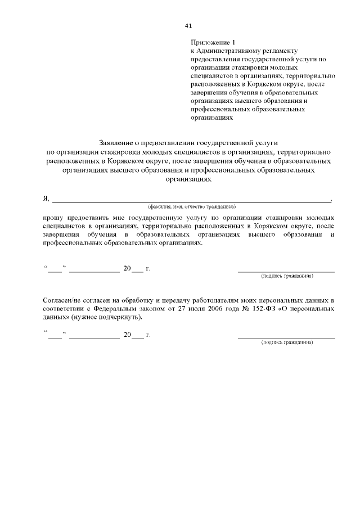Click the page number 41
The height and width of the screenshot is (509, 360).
pos(188,26)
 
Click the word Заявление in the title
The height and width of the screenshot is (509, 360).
pos(116,143)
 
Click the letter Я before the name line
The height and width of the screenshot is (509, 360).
pos(46,198)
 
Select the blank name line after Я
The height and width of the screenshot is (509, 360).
pos(191,200)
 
